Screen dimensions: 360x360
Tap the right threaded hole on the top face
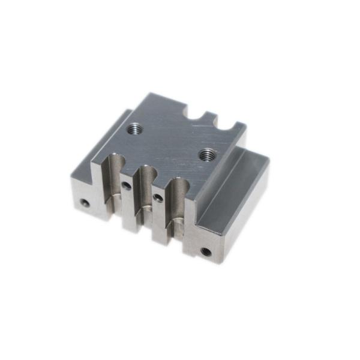(x=208, y=154)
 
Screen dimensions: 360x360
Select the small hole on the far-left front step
(x=86, y=203)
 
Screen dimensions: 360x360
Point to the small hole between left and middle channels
(x=127, y=186)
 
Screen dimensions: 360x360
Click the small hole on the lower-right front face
(x=205, y=251)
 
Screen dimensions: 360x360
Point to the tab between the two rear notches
(x=212, y=115)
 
